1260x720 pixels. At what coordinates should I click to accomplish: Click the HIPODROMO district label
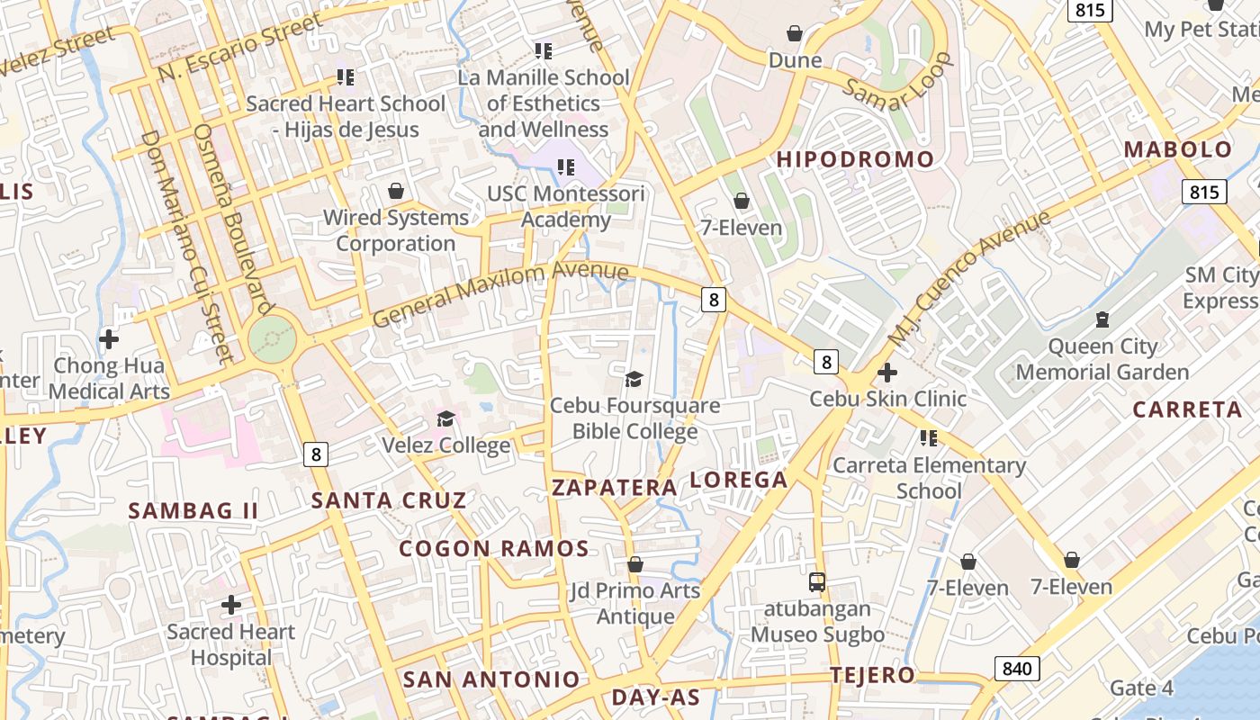click(855, 159)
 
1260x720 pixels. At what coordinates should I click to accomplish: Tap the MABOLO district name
click(1178, 149)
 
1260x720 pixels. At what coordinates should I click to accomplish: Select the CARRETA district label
click(1187, 409)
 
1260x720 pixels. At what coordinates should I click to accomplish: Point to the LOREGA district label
click(738, 480)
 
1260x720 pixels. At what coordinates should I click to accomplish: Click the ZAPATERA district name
click(614, 488)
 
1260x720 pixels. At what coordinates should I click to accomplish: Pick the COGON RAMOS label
click(494, 548)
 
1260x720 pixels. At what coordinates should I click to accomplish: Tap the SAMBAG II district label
click(193, 511)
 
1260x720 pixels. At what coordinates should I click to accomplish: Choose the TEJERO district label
click(872, 675)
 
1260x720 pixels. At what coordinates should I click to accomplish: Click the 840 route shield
click(1017, 668)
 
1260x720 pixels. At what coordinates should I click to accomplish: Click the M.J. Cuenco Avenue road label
click(968, 278)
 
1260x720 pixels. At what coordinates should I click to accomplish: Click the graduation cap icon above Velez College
click(445, 418)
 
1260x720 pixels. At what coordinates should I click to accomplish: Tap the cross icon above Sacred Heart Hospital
click(231, 605)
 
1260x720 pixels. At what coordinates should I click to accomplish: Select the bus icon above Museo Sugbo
click(817, 581)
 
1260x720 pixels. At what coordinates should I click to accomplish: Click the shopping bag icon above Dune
click(795, 34)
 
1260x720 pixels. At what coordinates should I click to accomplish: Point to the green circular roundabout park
click(272, 339)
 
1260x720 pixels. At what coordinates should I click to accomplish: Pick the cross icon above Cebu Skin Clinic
click(887, 372)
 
